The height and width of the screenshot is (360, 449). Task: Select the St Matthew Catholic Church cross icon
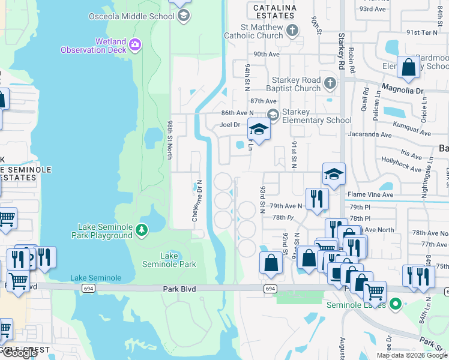(292, 31)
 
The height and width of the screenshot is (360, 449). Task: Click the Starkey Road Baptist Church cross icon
(330, 83)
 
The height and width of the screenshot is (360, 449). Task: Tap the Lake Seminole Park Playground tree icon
(141, 230)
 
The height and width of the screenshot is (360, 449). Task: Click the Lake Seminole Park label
(169, 260)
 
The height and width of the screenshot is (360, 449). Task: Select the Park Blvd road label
(179, 289)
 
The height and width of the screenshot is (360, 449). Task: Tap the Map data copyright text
(411, 355)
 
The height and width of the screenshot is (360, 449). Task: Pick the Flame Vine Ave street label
(370, 194)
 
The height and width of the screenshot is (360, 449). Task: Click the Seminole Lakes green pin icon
(394, 304)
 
